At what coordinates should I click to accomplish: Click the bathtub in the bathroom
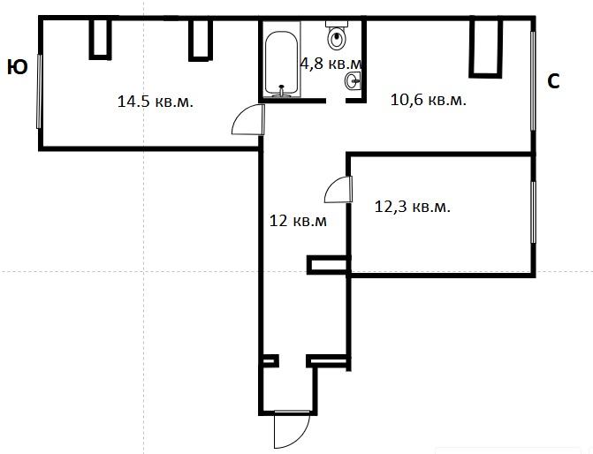coord(281,63)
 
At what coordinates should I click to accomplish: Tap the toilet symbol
coord(337,35)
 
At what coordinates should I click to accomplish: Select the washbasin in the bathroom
coord(353,80)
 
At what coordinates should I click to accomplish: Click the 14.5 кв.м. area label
coord(156,102)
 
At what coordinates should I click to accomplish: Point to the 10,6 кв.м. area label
coord(428,100)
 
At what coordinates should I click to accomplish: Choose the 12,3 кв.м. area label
coord(412,207)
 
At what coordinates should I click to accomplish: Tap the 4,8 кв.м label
coord(331,63)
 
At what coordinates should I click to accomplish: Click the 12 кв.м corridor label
coord(298,221)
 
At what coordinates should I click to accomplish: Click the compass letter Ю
coord(18,67)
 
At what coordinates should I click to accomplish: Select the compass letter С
coord(553,81)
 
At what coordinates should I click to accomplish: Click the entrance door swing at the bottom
coord(292,430)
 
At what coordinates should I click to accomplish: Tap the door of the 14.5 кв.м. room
coord(248,119)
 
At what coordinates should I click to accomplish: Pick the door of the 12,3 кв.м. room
coord(338,189)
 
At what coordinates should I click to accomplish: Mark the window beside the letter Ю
coord(39,91)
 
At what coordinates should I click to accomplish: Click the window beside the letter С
coord(533,81)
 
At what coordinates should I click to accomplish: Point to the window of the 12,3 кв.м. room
coord(534,213)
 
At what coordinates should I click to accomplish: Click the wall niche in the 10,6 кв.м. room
coord(486,48)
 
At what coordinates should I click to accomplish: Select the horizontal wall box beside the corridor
coord(328,265)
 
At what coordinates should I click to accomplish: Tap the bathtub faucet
coord(281,91)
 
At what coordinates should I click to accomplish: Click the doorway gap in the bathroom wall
coord(336,101)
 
